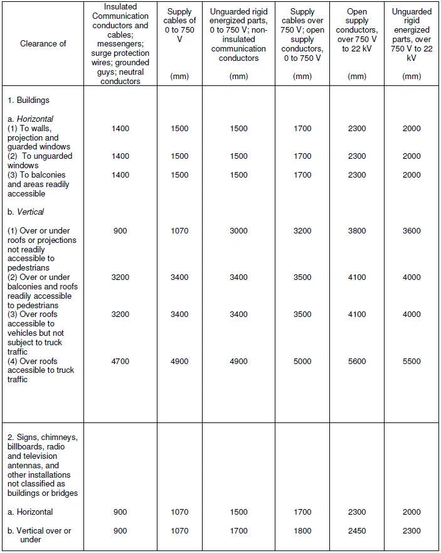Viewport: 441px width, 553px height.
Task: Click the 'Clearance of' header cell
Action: pos(43,44)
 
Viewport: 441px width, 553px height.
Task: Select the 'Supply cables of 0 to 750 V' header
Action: pos(179,30)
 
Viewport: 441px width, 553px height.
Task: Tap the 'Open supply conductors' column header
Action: pos(357,30)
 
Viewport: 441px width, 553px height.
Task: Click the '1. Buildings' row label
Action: pos(28,100)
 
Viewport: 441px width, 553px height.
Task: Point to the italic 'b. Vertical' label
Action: pos(26,212)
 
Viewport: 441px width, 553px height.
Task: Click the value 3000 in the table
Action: pos(238,231)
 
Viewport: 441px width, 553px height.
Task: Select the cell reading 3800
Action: pos(357,231)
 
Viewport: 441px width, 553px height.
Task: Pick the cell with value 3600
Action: pos(412,231)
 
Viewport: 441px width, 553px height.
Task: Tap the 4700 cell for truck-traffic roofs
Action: pos(120,362)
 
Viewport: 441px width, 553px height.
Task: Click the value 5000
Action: pos(302,362)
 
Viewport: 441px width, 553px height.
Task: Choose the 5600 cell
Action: pos(357,362)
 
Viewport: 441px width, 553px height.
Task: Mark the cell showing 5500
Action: pos(412,362)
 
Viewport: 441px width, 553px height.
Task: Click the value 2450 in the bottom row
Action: pos(357,531)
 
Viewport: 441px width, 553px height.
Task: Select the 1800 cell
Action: pos(302,531)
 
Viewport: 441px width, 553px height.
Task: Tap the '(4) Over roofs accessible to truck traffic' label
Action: pos(41,370)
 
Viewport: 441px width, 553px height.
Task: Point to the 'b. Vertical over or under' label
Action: pos(40,535)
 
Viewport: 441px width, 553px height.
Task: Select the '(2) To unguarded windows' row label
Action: pos(40,161)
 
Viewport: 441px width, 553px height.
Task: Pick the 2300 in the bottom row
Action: pos(412,531)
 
